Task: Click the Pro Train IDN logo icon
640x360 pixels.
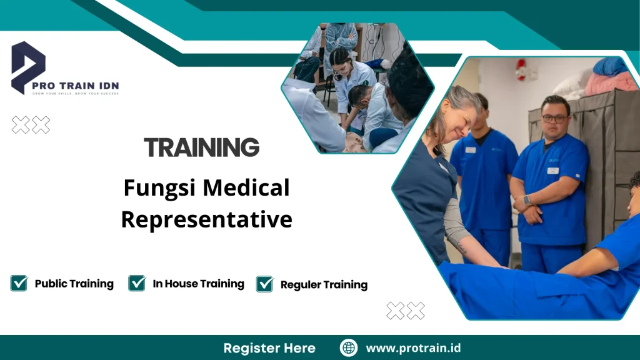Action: (28, 67)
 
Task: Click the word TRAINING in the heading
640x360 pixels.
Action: (201, 147)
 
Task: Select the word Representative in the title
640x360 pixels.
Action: (206, 219)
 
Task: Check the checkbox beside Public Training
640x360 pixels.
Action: (19, 283)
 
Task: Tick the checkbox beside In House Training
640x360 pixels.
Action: (137, 283)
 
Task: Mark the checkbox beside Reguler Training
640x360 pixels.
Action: (265, 284)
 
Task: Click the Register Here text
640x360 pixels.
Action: (269, 348)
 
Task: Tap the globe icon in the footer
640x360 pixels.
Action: (349, 347)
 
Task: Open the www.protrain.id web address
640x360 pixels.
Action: (413, 348)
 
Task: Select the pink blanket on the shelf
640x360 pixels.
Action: (609, 83)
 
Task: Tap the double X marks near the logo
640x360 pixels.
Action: (31, 125)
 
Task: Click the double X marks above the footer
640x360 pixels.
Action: (406, 311)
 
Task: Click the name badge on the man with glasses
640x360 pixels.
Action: (552, 170)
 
